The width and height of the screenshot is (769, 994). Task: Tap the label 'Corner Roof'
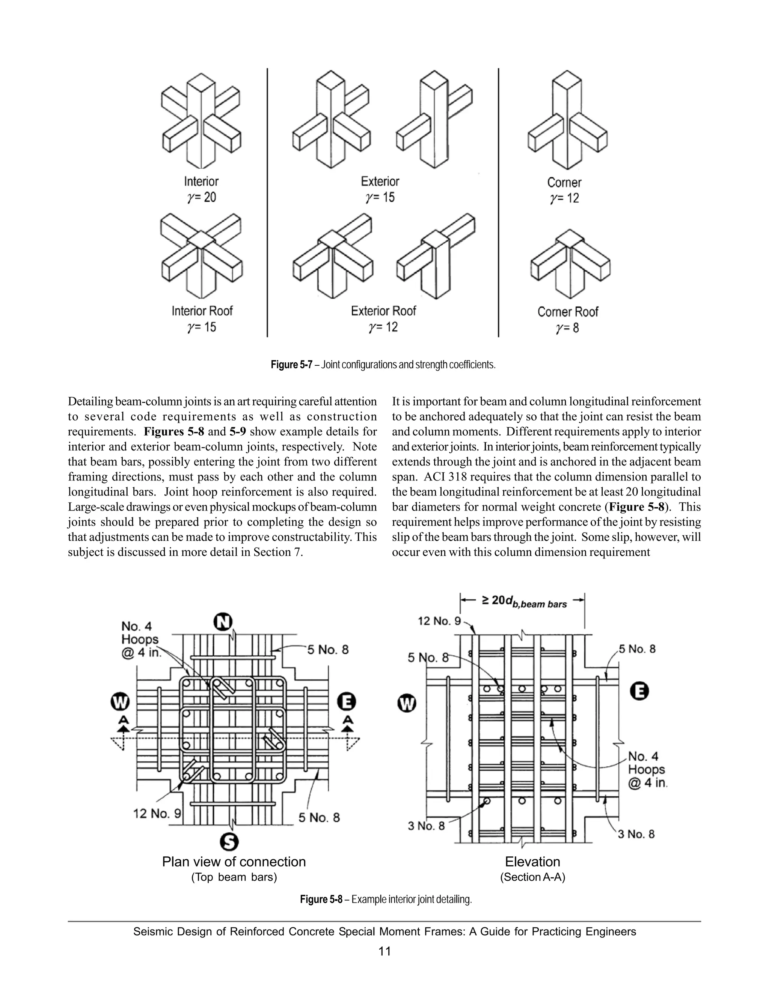point(567,312)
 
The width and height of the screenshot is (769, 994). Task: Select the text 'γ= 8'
point(567,328)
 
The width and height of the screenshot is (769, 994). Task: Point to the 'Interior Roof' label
point(202,311)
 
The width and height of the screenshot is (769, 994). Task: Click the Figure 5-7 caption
point(383,365)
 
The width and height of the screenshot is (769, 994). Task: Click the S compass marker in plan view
point(229,842)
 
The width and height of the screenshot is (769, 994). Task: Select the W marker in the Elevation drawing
point(407,704)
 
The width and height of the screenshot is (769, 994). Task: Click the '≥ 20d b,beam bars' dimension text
point(524,602)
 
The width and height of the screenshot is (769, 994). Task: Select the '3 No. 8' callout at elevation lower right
point(636,834)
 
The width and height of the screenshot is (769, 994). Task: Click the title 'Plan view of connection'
point(234,862)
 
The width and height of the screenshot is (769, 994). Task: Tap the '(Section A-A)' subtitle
point(532,877)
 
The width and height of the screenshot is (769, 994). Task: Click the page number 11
point(384,951)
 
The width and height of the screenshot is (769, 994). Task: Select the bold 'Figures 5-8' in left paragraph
point(173,431)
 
